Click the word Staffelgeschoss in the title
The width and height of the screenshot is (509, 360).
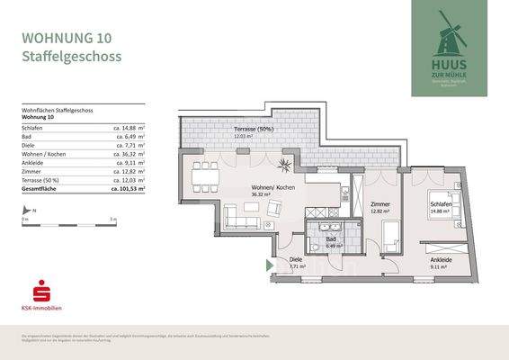tap(71, 57)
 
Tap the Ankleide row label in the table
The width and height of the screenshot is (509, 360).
tap(33, 163)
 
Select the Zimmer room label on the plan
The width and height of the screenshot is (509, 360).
tap(380, 204)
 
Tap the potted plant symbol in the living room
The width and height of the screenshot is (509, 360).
tap(284, 164)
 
